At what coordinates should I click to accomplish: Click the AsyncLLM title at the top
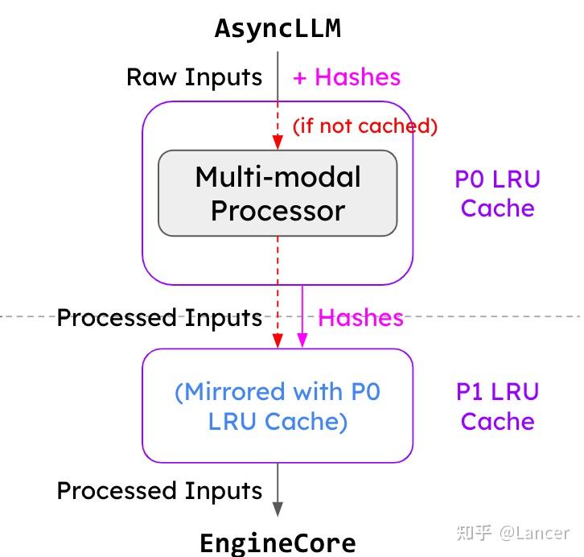tap(278, 28)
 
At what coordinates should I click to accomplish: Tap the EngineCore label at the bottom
tap(278, 542)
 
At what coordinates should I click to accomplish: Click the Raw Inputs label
tap(194, 77)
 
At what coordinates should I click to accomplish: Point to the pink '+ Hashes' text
tap(346, 77)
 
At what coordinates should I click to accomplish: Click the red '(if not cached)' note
tap(364, 126)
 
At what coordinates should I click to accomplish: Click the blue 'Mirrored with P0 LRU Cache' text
tap(278, 406)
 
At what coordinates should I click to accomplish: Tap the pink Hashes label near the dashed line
tap(360, 318)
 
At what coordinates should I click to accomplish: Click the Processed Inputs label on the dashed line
tap(159, 318)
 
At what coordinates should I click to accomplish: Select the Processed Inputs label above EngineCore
tap(159, 491)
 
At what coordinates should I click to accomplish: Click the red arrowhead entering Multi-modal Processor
tap(278, 142)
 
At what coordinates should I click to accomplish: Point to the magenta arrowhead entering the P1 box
tap(302, 341)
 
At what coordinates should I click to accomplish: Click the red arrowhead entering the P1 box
tap(278, 341)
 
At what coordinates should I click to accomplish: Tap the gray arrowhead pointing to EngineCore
tap(278, 509)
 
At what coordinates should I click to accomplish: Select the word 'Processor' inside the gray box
tap(278, 211)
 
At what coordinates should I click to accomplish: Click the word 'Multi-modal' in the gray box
tap(278, 177)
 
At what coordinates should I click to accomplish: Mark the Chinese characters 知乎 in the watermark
tap(474, 533)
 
